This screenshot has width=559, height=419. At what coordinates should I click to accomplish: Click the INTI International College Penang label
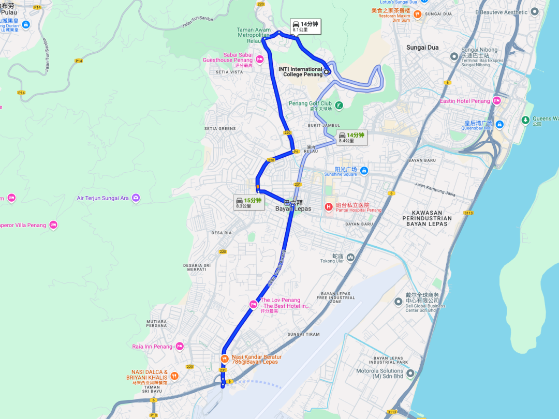[x=303, y=72]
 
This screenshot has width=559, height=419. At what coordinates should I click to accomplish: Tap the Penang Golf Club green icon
[x=339, y=106]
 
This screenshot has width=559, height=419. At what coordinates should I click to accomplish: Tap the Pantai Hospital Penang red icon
[x=328, y=207]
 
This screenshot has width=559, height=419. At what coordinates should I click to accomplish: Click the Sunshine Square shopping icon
[x=364, y=171]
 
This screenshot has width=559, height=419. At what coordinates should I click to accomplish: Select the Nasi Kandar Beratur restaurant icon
[x=224, y=358]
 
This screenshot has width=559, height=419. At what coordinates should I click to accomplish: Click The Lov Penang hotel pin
[x=253, y=304]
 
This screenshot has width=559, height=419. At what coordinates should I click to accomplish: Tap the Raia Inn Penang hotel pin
[x=180, y=346]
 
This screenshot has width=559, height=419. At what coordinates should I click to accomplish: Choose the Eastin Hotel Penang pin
[x=496, y=101]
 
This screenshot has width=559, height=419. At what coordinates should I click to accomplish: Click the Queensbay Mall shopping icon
[x=499, y=124]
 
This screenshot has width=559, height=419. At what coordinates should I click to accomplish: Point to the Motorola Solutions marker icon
[x=410, y=373]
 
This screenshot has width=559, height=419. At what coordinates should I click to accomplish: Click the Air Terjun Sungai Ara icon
[x=136, y=198]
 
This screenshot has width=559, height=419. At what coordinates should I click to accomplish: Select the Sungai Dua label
[x=422, y=48]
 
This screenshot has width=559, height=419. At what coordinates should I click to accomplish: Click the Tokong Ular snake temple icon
[x=351, y=257]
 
